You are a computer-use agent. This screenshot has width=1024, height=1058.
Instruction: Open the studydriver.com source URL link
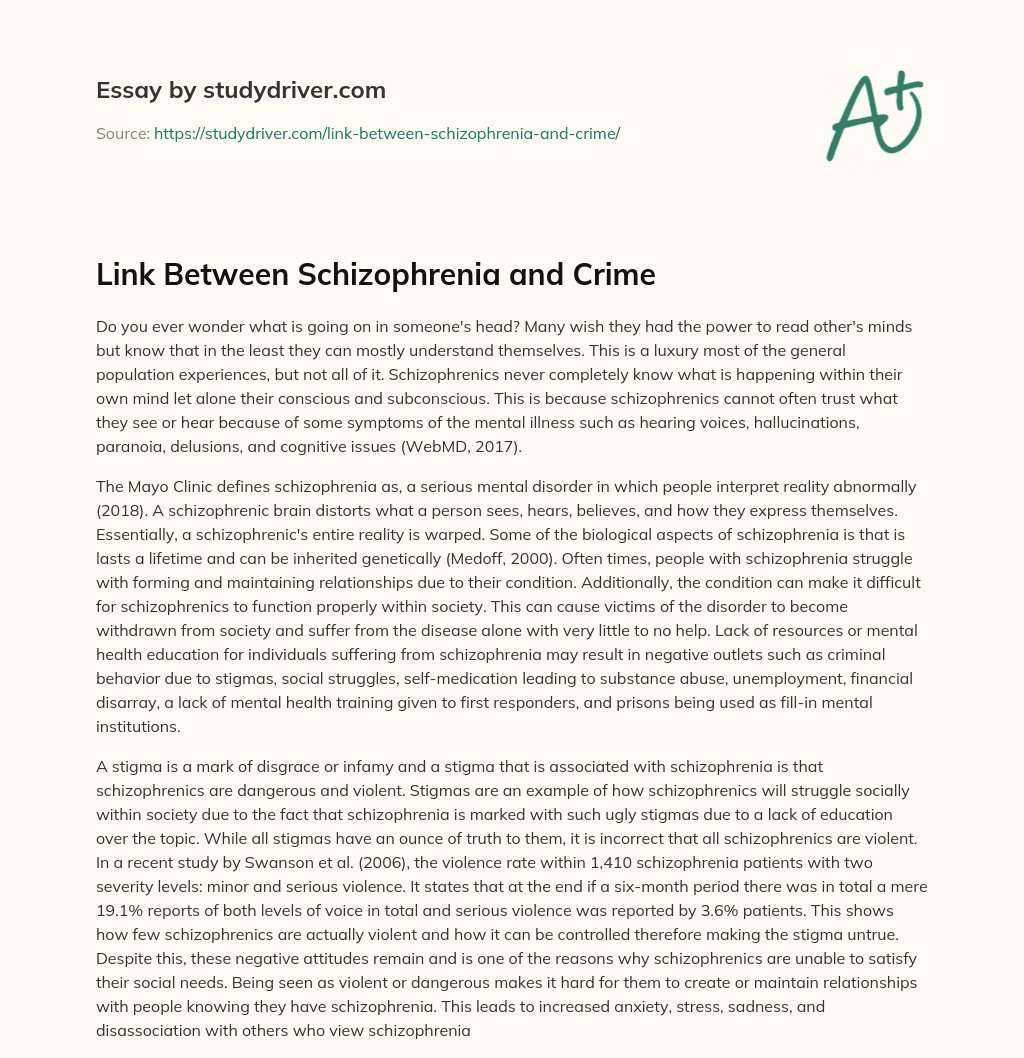click(x=387, y=133)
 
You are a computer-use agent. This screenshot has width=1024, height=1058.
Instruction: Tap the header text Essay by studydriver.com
click(x=241, y=91)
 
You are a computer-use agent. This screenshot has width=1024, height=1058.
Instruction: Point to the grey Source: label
click(x=122, y=133)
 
